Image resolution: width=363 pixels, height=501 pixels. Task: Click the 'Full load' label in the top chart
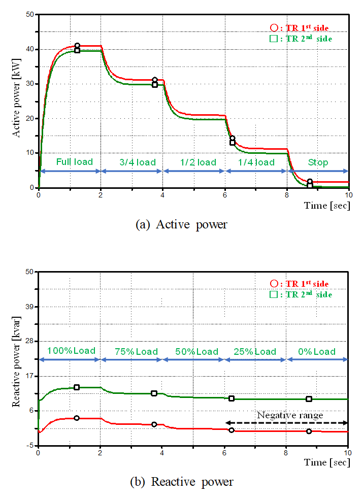click(x=74, y=162)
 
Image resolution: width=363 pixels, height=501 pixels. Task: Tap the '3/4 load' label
click(x=137, y=162)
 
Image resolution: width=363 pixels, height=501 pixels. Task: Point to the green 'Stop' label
click(x=318, y=162)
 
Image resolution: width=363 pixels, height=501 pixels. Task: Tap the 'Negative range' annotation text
click(x=289, y=415)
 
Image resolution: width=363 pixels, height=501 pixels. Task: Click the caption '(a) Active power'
click(x=181, y=224)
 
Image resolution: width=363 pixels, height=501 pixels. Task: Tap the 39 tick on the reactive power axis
click(x=29, y=307)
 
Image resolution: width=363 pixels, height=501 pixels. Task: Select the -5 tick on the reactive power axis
click(x=30, y=445)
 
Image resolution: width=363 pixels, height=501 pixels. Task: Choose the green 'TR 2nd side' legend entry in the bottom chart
click(x=301, y=294)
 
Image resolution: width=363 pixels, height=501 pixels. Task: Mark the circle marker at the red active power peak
click(x=77, y=46)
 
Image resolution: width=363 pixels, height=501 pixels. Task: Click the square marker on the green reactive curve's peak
click(x=77, y=387)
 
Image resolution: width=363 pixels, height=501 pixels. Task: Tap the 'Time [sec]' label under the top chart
click(x=326, y=205)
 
